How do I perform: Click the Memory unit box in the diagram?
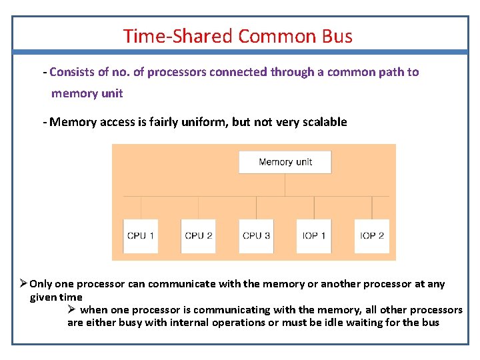pyautogui.click(x=285, y=162)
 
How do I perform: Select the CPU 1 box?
pyautogui.click(x=141, y=235)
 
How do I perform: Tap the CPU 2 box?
pyautogui.click(x=198, y=235)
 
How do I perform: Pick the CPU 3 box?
pyautogui.click(x=256, y=235)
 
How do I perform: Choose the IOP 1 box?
pyautogui.click(x=314, y=235)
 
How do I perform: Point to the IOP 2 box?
pyautogui.click(x=371, y=235)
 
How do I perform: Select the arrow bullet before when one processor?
pyautogui.click(x=73, y=310)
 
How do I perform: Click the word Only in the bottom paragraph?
pyautogui.click(x=41, y=284)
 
